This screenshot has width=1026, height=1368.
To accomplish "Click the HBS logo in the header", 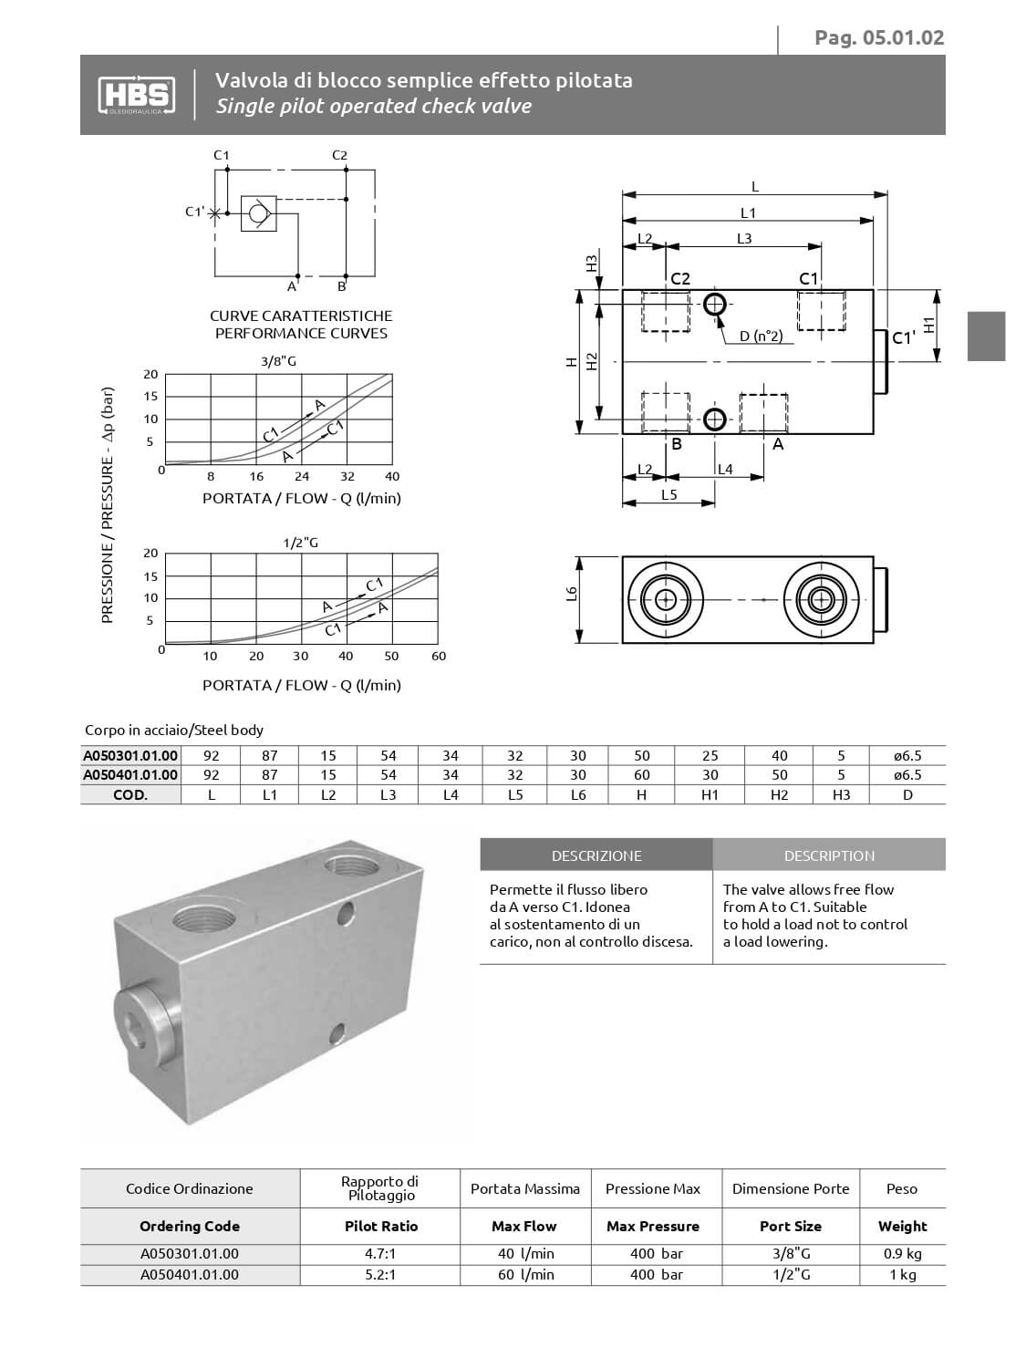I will point(134,94).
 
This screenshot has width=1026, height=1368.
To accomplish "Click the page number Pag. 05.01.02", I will point(879,37).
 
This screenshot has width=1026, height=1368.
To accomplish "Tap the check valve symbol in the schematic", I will point(258,213).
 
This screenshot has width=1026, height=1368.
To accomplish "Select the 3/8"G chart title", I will point(278,361).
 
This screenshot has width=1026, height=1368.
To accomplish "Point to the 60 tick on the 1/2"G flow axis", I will point(439,656).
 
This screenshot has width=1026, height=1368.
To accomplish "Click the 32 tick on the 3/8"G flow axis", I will point(347,476).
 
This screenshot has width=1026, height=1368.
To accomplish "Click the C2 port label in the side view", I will point(680,278).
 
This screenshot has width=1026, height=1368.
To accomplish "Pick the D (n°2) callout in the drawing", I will point(761,337).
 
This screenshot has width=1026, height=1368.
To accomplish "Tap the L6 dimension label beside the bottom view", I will point(572,594).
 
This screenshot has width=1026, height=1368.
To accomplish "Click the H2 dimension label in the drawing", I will point(591,361).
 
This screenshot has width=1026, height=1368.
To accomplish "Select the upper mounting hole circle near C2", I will point(714,304).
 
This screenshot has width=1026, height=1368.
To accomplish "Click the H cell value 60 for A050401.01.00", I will point(642,775).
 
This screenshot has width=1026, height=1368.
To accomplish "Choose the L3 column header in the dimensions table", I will point(389,794).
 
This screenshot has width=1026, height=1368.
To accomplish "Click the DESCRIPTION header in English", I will point(829,855).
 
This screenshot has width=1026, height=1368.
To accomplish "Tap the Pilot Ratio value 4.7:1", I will point(380,1253).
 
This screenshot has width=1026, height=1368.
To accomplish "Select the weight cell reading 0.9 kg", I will point(902,1253).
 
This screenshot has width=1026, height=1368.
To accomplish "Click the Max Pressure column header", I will point(653,1227).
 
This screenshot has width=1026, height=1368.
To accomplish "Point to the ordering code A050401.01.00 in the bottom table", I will point(190,1274).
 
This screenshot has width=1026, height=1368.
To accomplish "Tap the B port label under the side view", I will point(677,444).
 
